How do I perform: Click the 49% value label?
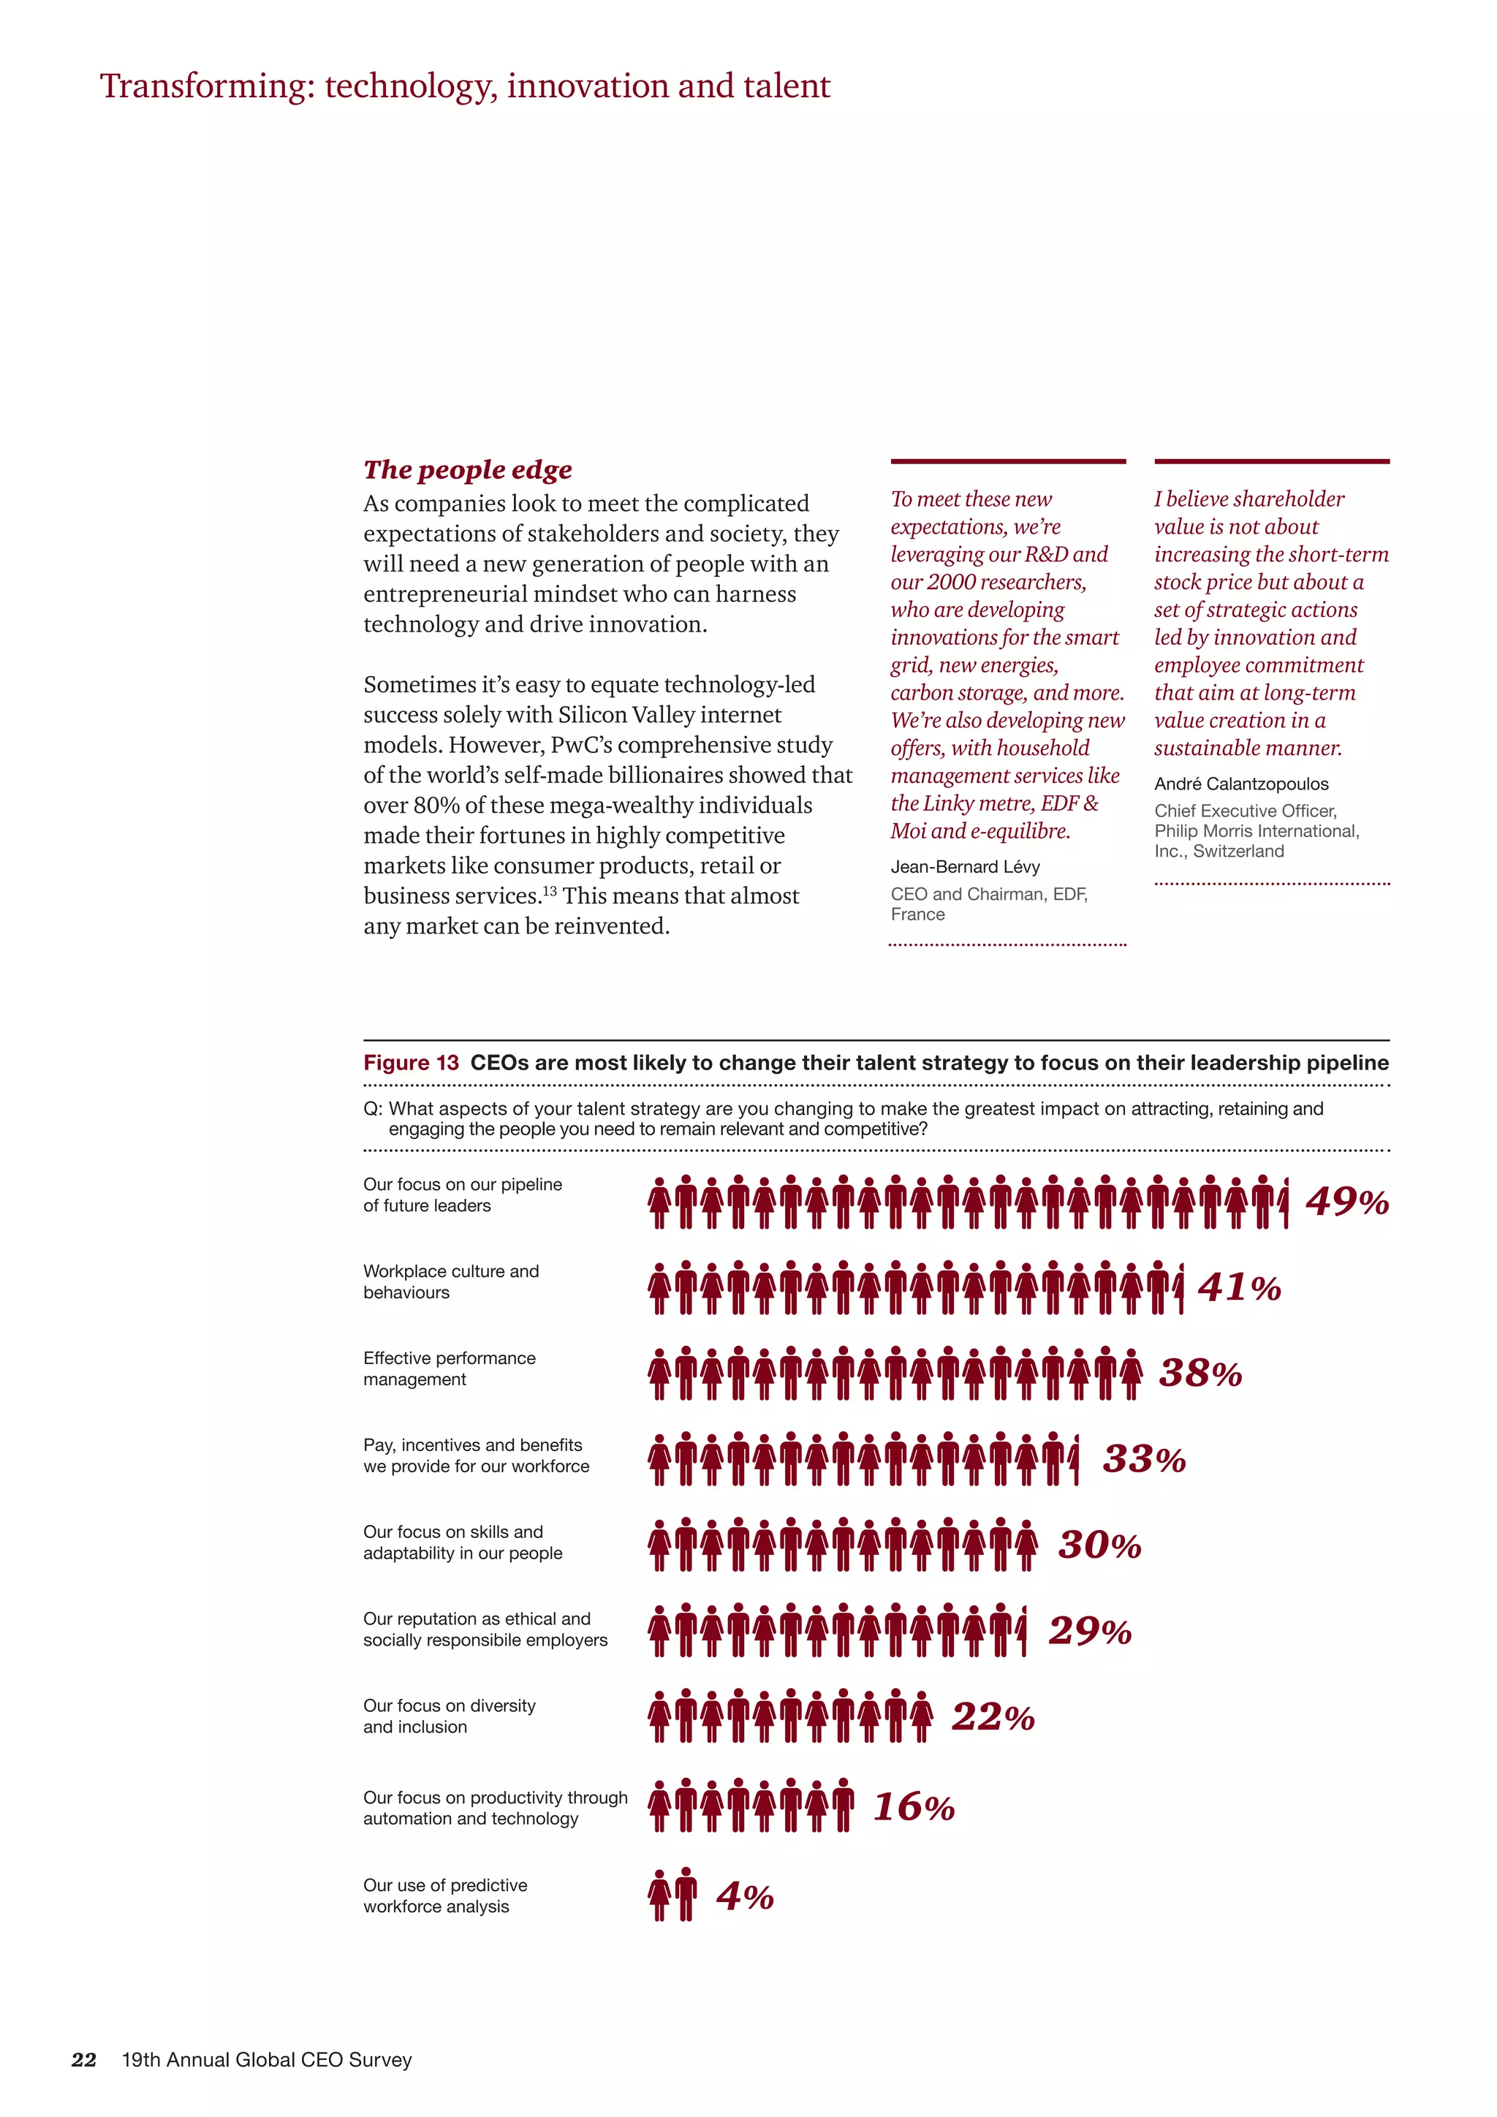(1346, 1202)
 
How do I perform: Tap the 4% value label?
(745, 1897)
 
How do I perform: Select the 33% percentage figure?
(1144, 1460)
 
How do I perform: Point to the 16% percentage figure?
(914, 1807)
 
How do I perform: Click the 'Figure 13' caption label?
(410, 1062)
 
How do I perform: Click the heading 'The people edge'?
(467, 469)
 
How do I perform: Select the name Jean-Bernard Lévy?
(965, 867)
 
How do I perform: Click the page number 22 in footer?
(84, 2060)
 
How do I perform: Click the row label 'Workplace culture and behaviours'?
(451, 1281)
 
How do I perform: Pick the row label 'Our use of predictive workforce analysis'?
(445, 1896)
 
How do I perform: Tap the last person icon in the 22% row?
(921, 1717)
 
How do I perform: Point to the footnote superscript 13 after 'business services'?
(550, 890)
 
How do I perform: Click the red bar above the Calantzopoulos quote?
(1271, 461)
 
